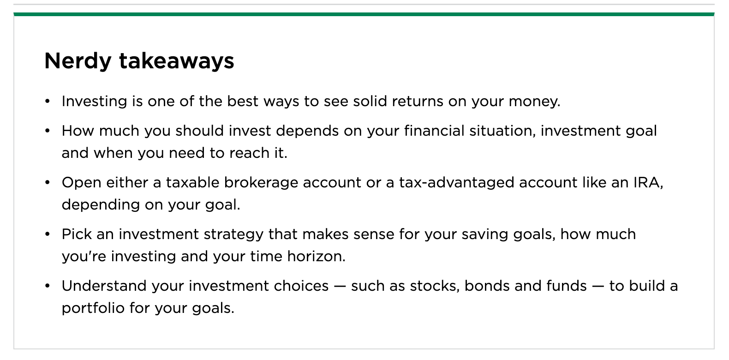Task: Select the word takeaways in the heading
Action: pyautogui.click(x=177, y=61)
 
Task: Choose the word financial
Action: pyautogui.click(x=434, y=131)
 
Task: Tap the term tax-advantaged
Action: pyautogui.click(x=457, y=182)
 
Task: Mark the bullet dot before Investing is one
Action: pyautogui.click(x=47, y=101)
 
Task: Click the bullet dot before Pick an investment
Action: pyautogui.click(x=47, y=234)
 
